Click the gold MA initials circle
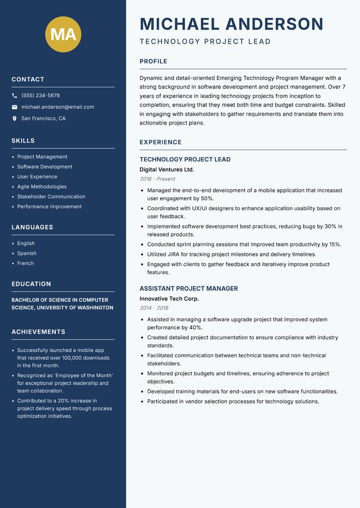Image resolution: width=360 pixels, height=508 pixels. click(x=63, y=34)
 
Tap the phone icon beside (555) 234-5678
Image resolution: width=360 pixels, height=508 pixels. click(x=14, y=96)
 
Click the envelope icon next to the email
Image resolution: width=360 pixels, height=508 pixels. click(x=14, y=107)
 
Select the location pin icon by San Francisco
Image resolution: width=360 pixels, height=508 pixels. click(x=14, y=119)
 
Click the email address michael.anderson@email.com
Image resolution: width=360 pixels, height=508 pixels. click(x=58, y=107)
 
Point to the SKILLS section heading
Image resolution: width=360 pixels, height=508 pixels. click(x=23, y=141)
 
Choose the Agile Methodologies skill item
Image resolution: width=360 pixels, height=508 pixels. click(x=42, y=187)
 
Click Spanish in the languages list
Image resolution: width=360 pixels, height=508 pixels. click(x=27, y=253)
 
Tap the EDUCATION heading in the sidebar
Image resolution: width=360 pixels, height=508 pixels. click(x=31, y=284)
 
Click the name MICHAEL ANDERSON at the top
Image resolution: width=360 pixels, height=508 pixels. click(x=232, y=24)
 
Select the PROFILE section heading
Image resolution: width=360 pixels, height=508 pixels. click(x=153, y=62)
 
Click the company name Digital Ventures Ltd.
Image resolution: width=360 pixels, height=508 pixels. click(x=166, y=169)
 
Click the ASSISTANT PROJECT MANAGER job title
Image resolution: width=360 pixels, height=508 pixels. click(x=189, y=289)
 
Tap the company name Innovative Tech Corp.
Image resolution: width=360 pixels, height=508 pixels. click(x=169, y=299)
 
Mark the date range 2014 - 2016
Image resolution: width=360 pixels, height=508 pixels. click(x=154, y=308)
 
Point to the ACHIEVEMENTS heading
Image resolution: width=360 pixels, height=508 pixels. click(x=38, y=332)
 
